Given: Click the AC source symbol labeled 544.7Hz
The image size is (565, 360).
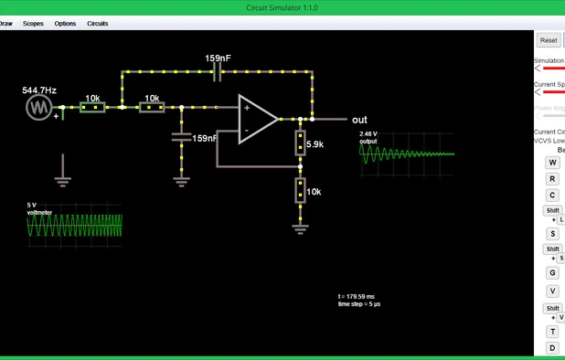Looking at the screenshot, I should click(x=38, y=107).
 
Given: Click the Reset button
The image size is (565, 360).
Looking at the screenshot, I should click(x=548, y=40).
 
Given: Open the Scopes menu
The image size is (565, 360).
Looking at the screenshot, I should click(x=33, y=24).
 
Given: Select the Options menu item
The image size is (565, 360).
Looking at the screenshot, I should click(x=65, y=24).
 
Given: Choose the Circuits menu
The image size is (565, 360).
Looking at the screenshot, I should click(x=98, y=24).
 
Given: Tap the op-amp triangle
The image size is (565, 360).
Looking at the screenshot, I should click(x=257, y=119).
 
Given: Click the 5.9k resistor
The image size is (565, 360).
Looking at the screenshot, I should click(x=300, y=143).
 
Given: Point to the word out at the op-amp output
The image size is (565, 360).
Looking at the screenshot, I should click(x=359, y=120).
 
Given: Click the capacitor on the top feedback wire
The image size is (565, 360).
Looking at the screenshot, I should click(x=218, y=71).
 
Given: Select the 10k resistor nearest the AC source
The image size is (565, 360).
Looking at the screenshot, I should click(x=92, y=107).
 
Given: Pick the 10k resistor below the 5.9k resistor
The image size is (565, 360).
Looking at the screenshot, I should click(x=300, y=191).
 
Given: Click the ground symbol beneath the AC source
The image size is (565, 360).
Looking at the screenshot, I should click(x=62, y=179).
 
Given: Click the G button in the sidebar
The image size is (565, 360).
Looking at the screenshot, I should click(x=552, y=272).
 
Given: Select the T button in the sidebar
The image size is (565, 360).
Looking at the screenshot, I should click(x=552, y=332).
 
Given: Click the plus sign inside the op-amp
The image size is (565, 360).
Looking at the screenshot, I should click(x=246, y=108).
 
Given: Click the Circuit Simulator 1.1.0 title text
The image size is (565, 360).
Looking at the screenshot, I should click(x=282, y=6).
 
